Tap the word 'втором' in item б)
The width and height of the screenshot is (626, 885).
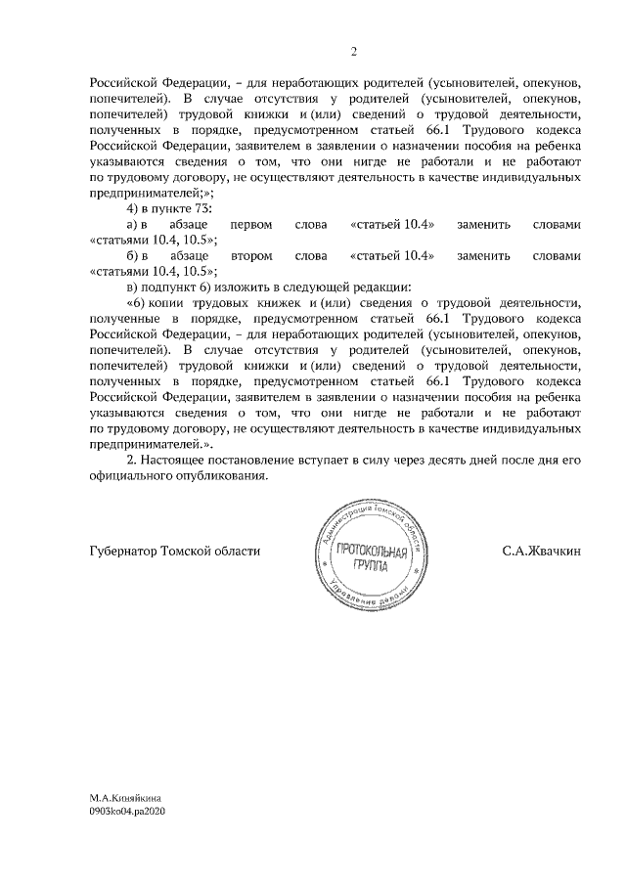[x=249, y=256]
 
